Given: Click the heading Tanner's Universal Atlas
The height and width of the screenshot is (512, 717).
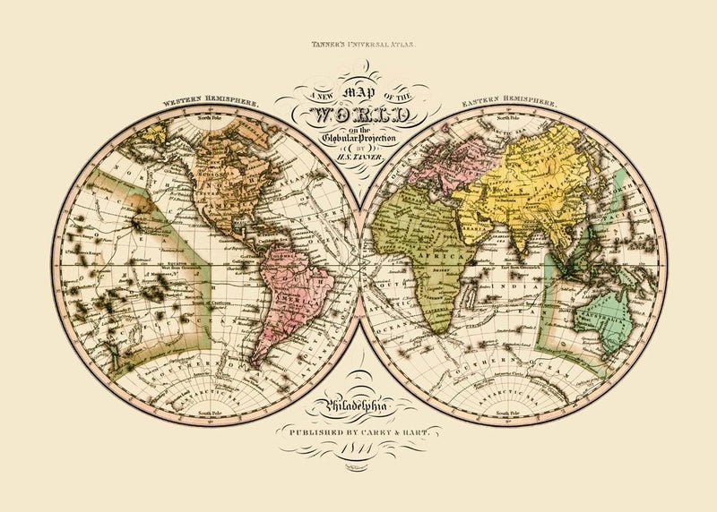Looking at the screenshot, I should [x=358, y=43].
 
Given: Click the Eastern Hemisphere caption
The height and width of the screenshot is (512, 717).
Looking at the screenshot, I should [x=508, y=104].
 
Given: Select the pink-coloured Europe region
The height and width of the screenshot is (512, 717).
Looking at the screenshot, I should [x=421, y=166].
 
